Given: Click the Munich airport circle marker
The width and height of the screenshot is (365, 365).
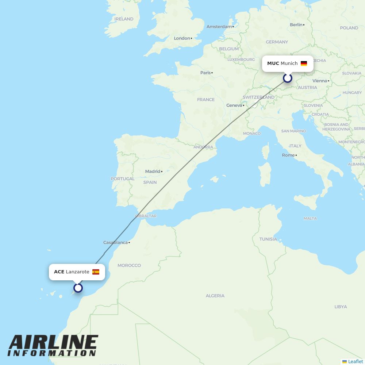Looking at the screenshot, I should tap(288, 78).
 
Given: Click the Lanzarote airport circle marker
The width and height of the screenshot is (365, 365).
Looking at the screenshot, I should tap(78, 288).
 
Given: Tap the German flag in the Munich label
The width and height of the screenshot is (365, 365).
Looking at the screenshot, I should tap(304, 64).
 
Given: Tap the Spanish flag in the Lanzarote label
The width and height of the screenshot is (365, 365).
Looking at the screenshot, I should tap(96, 272).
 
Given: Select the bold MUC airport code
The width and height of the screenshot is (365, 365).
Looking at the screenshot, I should tap(273, 64).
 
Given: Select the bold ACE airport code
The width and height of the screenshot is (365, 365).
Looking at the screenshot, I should tap(59, 272).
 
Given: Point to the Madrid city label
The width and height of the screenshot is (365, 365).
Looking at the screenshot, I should tap(153, 171).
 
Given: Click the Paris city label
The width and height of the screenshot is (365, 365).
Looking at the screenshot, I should tap(206, 73).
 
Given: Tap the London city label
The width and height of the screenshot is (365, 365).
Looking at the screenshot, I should tap(182, 38).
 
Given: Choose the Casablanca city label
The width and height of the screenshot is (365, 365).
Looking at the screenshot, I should tap(116, 242).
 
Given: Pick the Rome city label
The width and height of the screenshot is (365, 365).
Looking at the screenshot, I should tap(288, 155).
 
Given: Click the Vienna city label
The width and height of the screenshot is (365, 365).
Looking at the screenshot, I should tap(320, 81).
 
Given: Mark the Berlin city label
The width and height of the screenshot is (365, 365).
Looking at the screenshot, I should tap(296, 25).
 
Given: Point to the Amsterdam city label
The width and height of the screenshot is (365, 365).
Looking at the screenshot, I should tap(219, 27).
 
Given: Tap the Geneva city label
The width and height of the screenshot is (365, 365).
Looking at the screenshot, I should tap(234, 105).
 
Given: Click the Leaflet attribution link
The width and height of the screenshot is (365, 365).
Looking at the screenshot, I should tap(355, 361).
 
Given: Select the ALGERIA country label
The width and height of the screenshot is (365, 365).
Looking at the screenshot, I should tap(215, 296).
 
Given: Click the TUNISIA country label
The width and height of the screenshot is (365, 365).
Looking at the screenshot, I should tap(268, 239).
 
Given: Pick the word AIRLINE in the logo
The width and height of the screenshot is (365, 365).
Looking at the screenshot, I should tap(53, 343).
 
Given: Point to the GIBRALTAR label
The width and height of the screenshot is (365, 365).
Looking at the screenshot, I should tap(146, 216).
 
